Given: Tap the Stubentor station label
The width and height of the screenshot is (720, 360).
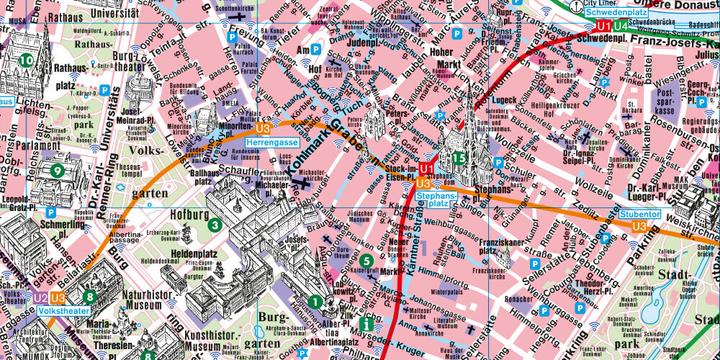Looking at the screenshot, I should coord(638,213).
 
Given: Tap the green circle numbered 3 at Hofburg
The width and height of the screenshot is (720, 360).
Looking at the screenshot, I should coord(214,224).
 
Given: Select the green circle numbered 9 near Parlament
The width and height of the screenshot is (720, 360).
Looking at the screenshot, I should coord(58,171).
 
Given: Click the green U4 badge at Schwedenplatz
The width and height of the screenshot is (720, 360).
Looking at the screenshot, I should coord(622,25).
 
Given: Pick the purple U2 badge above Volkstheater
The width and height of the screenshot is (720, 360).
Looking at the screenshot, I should coord(40,297).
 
